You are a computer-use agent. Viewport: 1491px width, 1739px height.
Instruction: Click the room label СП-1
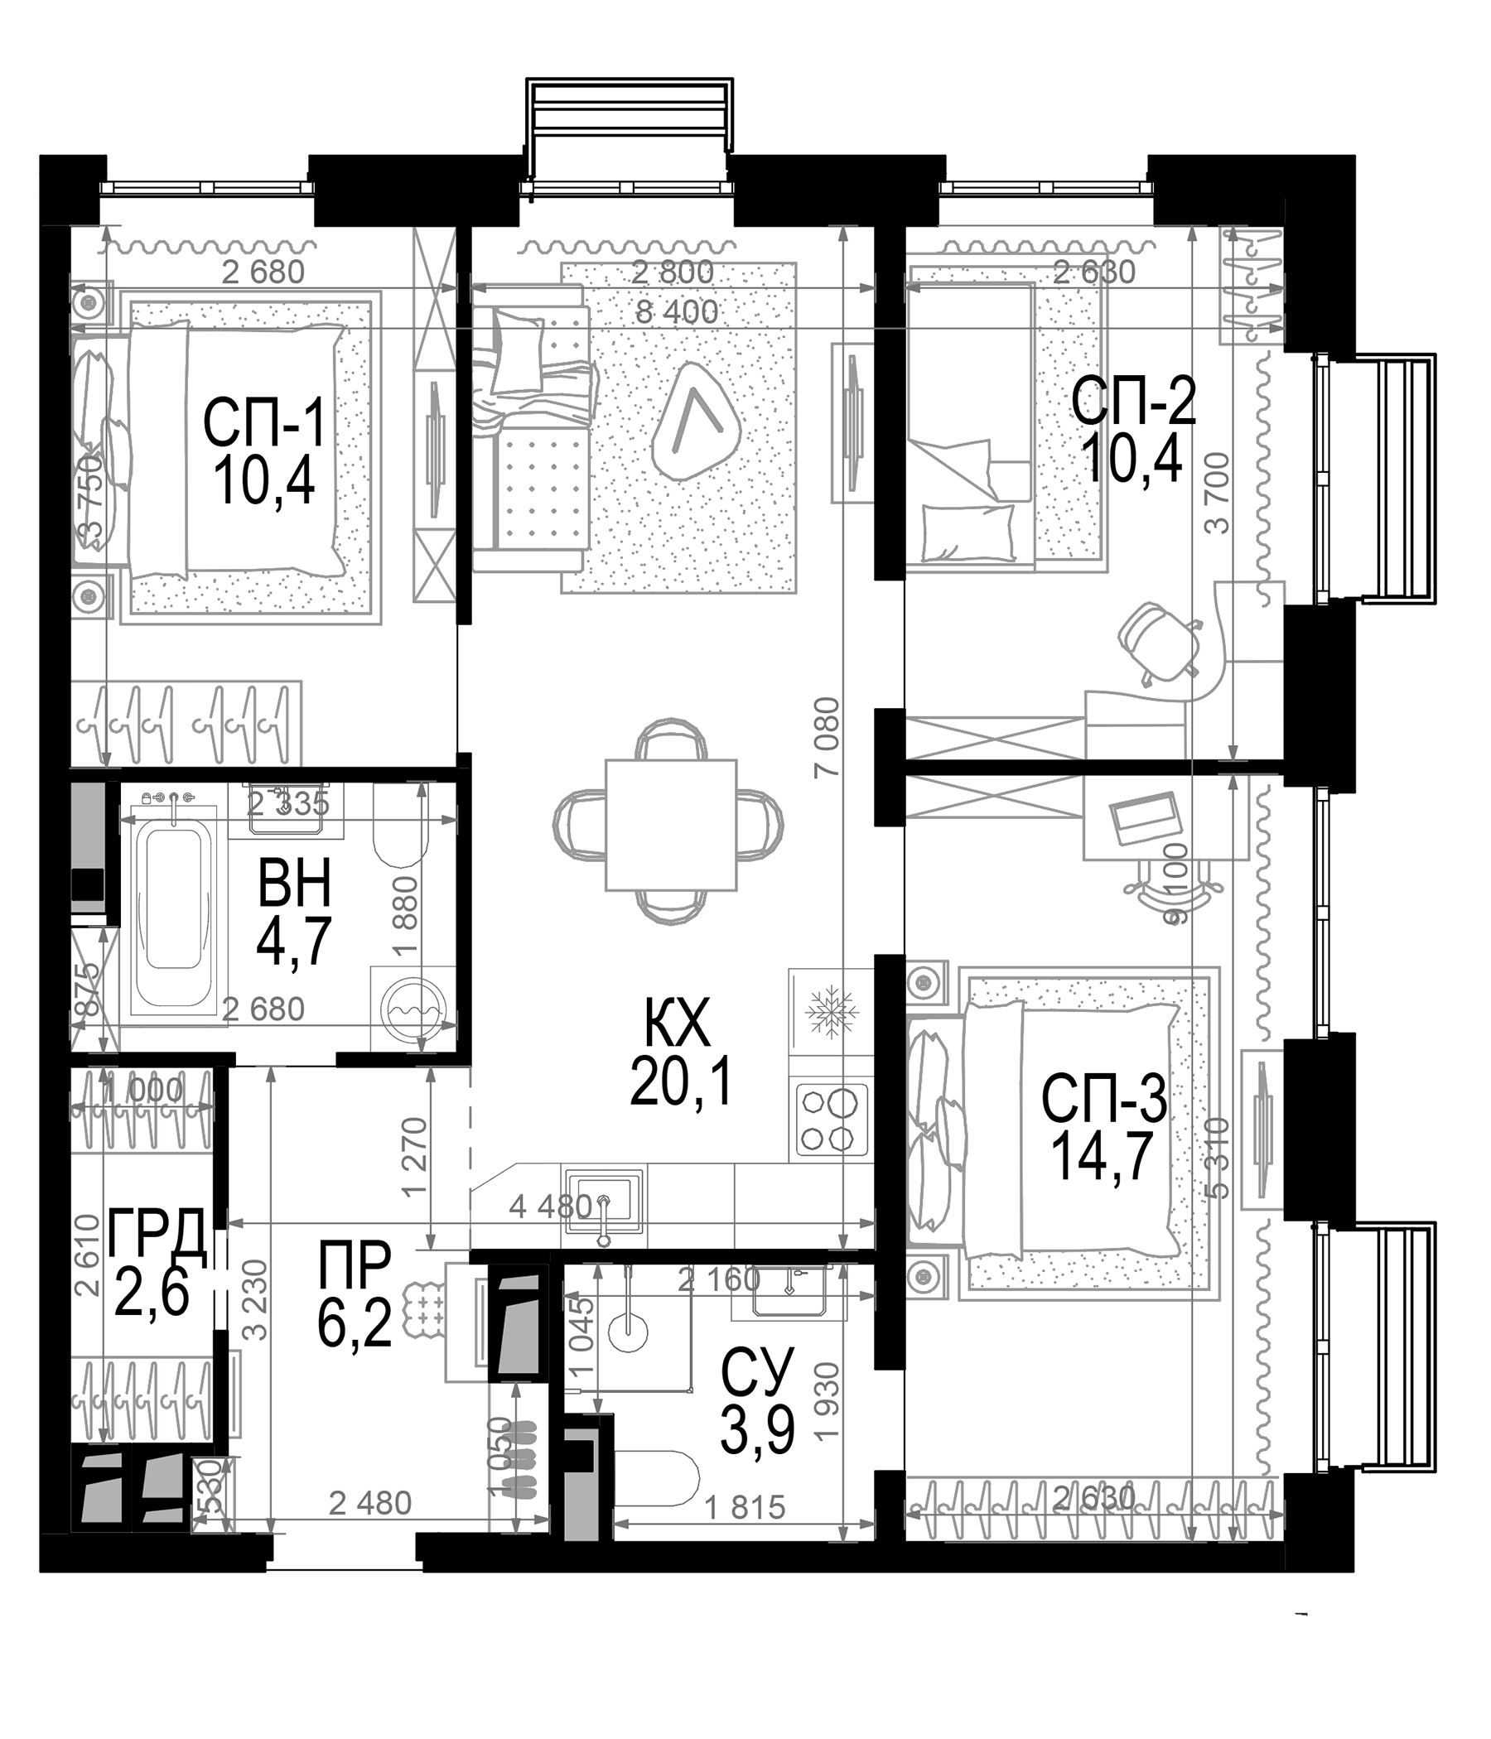coord(263,424)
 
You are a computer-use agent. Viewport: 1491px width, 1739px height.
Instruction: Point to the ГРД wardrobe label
coord(157,1233)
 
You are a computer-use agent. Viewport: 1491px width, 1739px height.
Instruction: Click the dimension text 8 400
coord(677,312)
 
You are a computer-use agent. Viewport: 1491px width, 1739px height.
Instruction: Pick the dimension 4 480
coord(551,1207)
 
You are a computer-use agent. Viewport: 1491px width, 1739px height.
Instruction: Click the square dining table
coord(671,824)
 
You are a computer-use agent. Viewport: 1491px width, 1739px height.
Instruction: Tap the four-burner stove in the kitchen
coord(831,1120)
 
